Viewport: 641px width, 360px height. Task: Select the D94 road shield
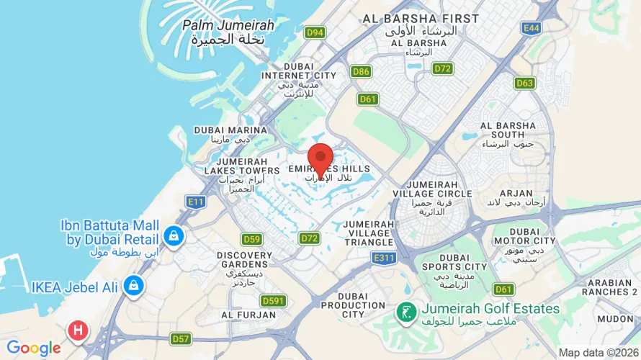315,32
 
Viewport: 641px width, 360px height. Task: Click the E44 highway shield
532,28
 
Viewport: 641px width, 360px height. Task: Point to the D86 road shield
361,71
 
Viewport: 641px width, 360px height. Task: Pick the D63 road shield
525,83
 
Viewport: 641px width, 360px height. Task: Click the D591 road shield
273,300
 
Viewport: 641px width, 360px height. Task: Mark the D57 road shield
181,338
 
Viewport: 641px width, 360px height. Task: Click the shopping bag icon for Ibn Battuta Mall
174,235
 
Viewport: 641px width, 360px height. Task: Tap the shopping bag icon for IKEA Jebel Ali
133,286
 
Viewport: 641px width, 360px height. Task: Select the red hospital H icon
78,330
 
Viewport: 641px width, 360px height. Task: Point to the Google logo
34,348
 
